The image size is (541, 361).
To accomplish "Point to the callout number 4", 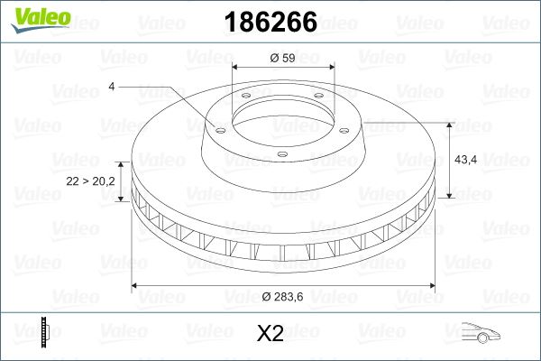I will (x=111, y=87).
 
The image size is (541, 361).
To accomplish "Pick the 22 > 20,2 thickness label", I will (x=91, y=181).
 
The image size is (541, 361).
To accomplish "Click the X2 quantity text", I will (x=270, y=334).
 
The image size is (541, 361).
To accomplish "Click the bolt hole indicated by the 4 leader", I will (x=217, y=128).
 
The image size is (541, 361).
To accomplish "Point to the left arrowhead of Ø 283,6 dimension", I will (x=136, y=285).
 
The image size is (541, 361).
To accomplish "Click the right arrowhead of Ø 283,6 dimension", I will (x=431, y=285).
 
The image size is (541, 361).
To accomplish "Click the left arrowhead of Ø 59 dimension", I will (x=236, y=69).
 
